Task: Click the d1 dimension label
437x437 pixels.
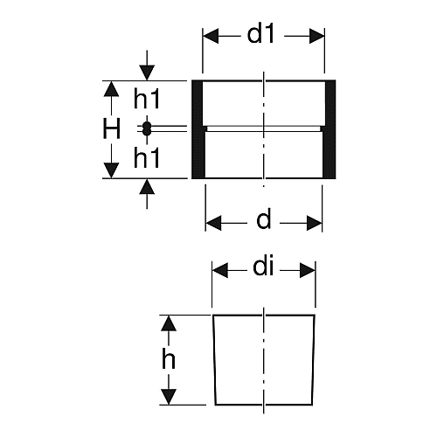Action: point(260,35)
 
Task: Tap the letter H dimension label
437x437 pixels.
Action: point(111,129)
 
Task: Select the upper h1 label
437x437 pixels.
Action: point(147,99)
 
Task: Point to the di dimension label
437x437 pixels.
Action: point(263,267)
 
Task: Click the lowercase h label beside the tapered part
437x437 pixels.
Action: point(169,359)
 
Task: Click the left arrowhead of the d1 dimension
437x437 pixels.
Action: point(211,36)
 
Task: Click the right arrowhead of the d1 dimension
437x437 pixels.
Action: point(316,36)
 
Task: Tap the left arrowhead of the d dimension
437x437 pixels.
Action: point(213,224)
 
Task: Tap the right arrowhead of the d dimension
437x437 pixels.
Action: point(315,224)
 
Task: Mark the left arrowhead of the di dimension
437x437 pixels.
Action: point(220,270)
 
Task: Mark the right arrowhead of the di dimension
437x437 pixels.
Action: point(308,270)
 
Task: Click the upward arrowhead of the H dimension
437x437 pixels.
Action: point(111,89)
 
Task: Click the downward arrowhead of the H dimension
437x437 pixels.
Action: point(111,170)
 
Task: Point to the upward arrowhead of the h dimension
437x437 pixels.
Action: point(169,323)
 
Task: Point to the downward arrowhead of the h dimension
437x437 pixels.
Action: point(169,397)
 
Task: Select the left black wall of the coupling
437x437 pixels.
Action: point(198,129)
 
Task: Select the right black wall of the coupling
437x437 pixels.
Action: point(329,129)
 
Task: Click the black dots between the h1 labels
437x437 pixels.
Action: point(147,128)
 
